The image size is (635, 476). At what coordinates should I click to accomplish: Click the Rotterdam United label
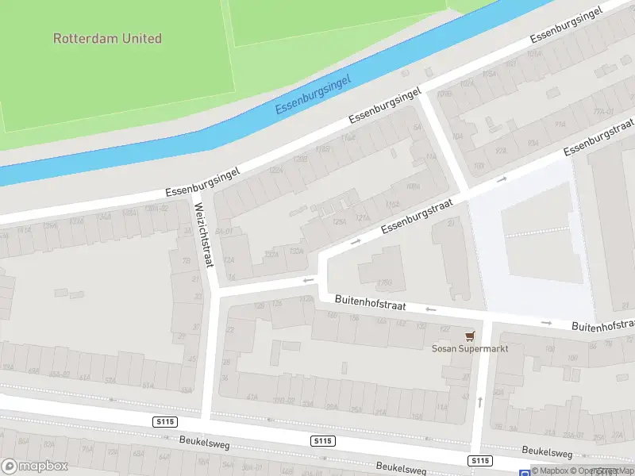(x=107, y=38)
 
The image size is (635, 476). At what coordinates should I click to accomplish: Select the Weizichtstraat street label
(x=206, y=236)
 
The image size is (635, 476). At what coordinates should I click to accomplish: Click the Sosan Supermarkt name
(x=469, y=348)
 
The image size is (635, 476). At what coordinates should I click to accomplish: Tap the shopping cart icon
(x=469, y=336)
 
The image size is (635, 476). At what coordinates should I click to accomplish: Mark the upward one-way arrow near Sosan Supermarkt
(x=479, y=402)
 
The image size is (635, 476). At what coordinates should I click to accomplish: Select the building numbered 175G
(x=385, y=282)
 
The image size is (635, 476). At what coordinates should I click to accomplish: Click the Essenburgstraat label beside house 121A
(x=416, y=217)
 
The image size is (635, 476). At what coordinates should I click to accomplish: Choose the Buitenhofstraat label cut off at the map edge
(x=602, y=325)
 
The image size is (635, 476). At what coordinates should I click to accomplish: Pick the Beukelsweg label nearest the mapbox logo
(x=204, y=443)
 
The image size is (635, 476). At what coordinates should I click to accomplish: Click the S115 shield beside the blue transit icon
(x=479, y=460)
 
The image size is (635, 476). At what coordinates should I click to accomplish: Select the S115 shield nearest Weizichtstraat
(x=166, y=423)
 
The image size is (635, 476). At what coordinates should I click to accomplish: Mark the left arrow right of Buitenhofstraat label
(x=431, y=309)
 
